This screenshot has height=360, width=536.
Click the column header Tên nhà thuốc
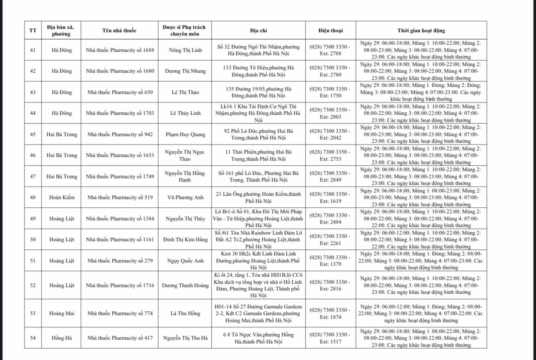click(x=119, y=30)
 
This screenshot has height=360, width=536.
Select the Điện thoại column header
click(x=330, y=30)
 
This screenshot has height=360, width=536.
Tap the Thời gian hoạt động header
click(x=421, y=30)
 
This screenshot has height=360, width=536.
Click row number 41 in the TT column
click(x=33, y=50)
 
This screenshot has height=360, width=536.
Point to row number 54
click(x=33, y=338)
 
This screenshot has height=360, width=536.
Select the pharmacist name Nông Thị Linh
click(x=185, y=50)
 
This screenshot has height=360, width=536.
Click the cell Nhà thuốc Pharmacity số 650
click(x=120, y=92)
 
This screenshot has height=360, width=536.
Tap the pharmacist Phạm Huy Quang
click(x=185, y=134)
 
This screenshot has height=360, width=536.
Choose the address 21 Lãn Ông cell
click(x=258, y=197)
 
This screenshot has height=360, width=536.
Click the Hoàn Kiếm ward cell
click(x=62, y=197)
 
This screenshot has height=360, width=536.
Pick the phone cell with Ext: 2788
click(x=330, y=50)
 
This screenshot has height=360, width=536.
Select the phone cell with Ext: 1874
click(x=330, y=313)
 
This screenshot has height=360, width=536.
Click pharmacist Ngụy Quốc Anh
click(x=185, y=261)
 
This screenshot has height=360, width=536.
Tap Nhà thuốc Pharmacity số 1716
click(x=120, y=285)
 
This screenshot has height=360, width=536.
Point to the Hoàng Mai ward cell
click(x=62, y=313)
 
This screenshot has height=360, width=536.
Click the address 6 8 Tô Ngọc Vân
click(x=258, y=338)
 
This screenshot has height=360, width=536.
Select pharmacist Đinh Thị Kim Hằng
click(x=185, y=239)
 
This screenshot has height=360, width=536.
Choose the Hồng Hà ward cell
click(x=62, y=338)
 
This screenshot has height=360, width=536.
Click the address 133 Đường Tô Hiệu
click(x=258, y=71)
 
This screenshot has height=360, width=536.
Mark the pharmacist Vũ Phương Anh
click(x=185, y=197)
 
